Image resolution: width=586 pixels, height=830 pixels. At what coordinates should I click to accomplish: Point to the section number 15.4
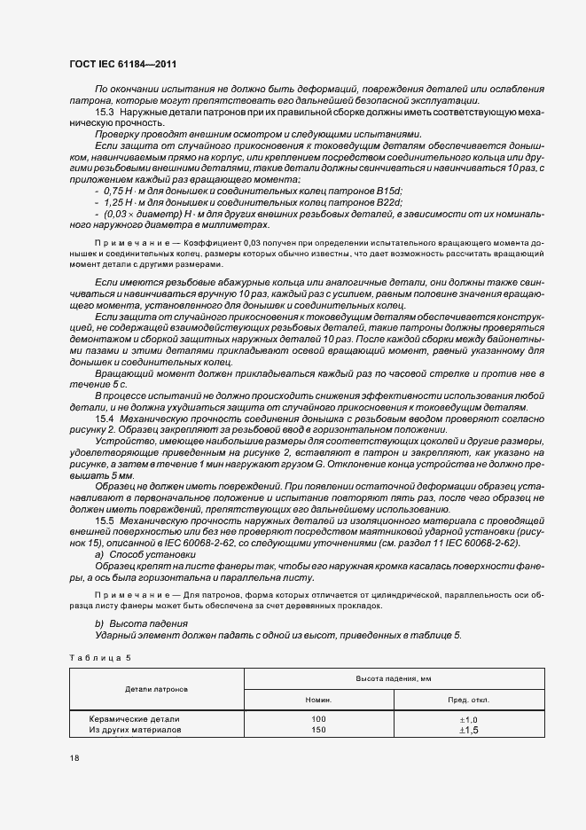(x=105, y=417)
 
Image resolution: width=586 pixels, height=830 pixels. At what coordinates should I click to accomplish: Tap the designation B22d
(x=391, y=202)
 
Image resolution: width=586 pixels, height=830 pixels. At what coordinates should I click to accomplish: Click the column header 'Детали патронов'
(x=156, y=688)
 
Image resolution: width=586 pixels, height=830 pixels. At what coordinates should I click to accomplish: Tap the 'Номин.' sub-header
(x=318, y=700)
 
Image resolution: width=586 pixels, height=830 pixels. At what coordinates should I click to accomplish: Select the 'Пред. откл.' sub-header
(x=468, y=700)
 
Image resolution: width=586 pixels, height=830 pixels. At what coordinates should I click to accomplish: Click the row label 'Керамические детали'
(x=134, y=719)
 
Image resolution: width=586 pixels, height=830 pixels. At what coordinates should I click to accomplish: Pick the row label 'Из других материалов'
(x=134, y=730)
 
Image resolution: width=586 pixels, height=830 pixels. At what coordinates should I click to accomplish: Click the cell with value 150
(x=318, y=730)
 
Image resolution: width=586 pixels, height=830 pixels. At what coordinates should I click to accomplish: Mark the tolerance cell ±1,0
(x=468, y=719)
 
